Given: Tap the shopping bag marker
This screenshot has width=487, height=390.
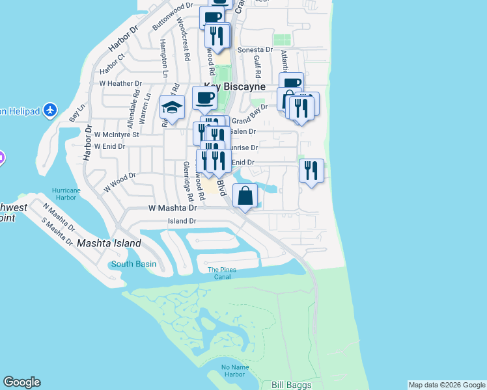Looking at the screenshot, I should [245, 196].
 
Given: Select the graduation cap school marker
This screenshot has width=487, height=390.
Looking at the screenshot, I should [173, 107].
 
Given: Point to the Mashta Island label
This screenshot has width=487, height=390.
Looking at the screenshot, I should [109, 243].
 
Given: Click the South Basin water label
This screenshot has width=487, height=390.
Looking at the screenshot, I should [133, 264].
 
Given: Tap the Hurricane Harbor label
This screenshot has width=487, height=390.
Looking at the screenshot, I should [68, 194].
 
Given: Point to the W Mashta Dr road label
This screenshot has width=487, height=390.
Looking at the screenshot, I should [172, 208].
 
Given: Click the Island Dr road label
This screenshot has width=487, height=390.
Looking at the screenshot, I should [182, 221].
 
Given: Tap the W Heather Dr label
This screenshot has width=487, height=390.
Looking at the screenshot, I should [120, 84].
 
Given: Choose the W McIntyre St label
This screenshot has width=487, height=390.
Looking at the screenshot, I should [117, 135].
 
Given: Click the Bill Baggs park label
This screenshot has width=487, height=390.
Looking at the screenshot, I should [291, 385].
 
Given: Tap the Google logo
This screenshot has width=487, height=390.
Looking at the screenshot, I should [21, 382].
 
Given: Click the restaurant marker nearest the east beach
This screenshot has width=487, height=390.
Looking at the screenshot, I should [311, 170].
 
